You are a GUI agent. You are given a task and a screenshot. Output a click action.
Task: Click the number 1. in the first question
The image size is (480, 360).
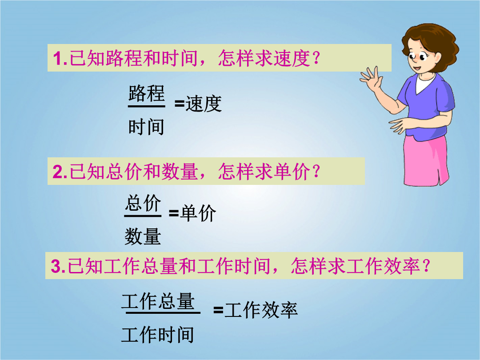tap(60, 58)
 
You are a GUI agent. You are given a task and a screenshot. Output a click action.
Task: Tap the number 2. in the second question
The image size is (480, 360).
tap(60, 172)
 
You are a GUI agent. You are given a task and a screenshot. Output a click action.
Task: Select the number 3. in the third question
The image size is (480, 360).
tap(58, 266)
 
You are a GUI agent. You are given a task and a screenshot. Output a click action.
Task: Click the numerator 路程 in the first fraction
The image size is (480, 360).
tap(146, 93)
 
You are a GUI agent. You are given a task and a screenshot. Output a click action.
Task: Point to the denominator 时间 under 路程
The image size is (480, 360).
tap(146, 127)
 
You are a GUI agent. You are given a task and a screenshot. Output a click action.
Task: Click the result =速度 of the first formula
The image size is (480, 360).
tap(198, 104)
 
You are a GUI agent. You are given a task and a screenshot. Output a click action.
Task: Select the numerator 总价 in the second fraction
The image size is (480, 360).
tap(143, 203)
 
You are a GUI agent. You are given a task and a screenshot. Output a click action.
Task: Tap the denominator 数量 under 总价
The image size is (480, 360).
tap(143, 236)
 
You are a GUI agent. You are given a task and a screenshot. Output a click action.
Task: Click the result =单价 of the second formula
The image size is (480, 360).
tap(192, 213)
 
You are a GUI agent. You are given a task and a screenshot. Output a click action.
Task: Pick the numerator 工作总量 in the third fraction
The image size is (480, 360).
tap(158, 301)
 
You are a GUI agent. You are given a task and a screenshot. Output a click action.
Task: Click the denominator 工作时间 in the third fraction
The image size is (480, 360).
tap(158, 335)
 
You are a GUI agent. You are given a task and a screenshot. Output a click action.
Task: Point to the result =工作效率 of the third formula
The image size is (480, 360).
tap(256, 310)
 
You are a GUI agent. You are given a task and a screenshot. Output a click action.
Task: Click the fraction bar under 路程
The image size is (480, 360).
tap(147, 106)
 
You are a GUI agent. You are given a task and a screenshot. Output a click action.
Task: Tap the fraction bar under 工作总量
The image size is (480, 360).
tap(163, 312)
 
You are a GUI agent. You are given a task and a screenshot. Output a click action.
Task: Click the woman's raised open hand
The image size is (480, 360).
tap(371, 78)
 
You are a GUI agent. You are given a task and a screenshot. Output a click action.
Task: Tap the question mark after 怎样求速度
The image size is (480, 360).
tap(316, 58)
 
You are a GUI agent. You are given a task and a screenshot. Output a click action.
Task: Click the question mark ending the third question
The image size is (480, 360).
tap(426, 266)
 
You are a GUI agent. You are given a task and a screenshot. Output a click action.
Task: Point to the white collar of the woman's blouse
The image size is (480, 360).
tap(424, 83)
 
